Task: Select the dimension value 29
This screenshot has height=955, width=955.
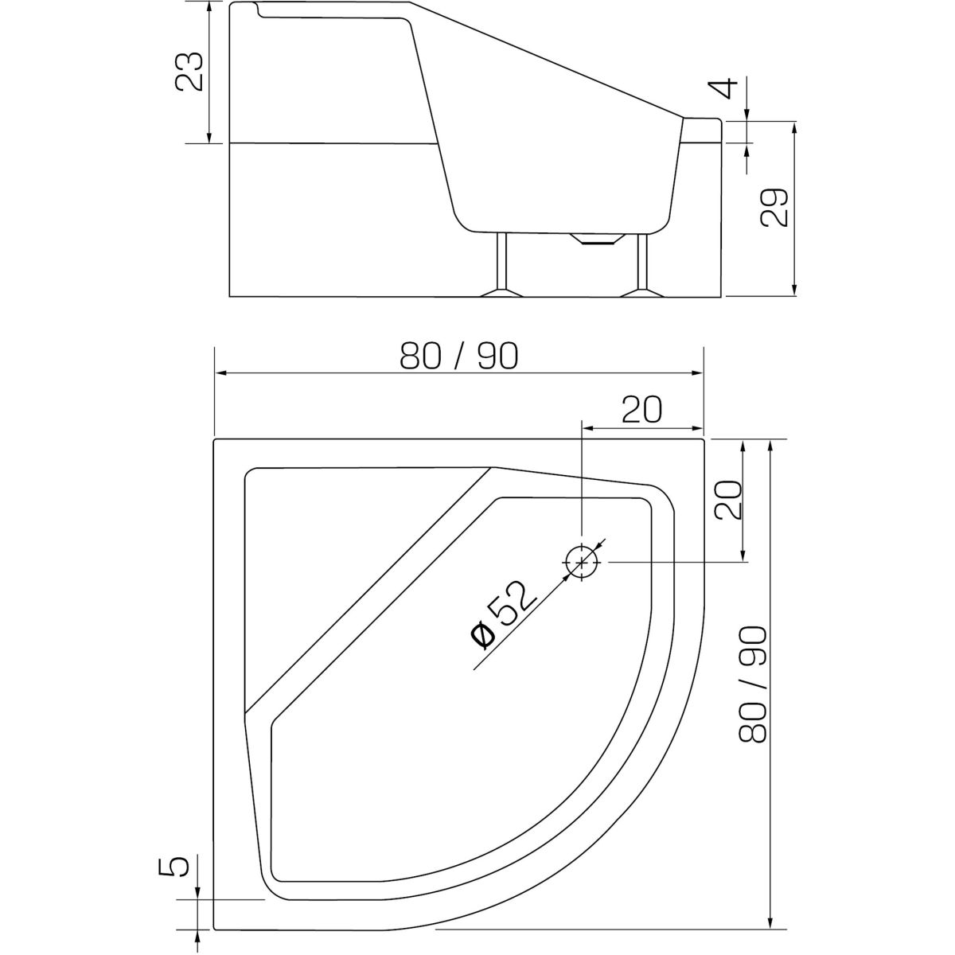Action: (x=774, y=208)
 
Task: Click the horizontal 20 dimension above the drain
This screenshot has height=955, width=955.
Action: (x=641, y=410)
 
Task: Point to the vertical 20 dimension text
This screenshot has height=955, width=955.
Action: (x=728, y=500)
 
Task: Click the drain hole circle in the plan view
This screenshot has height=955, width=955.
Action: (x=581, y=562)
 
